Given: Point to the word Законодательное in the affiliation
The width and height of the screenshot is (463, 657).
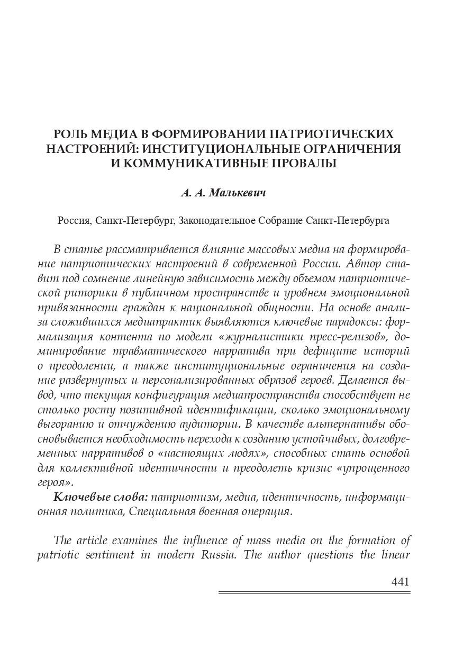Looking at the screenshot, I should pos(217,220).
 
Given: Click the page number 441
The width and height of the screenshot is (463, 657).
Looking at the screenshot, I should pos(401,582).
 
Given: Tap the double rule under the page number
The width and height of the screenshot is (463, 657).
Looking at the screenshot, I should pos(314,593).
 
